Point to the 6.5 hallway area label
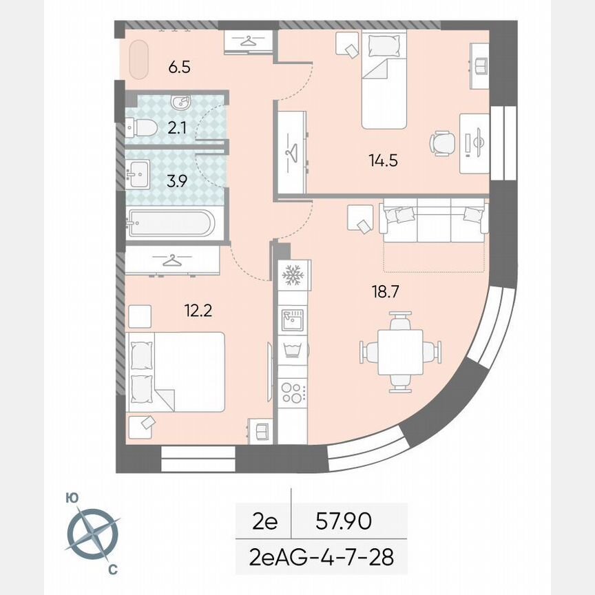179,67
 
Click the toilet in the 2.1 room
142,127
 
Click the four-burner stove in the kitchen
293,392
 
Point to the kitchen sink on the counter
293,319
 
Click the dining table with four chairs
399,351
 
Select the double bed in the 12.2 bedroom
177,372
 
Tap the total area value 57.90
342,522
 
